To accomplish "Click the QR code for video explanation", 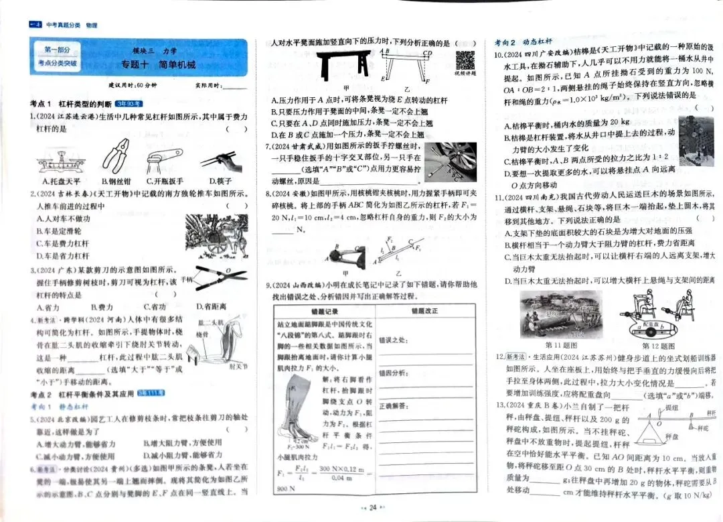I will coord(465,60).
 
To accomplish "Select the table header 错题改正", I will coord(424,312).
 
